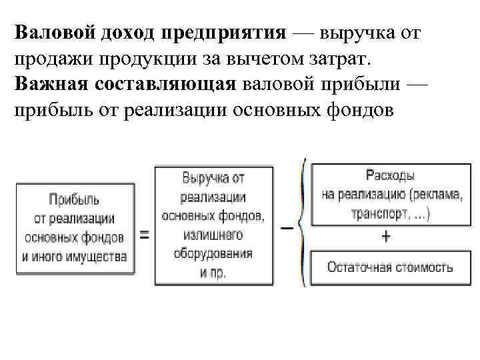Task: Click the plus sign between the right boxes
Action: click(x=387, y=237)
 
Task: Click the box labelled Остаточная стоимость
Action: click(x=390, y=267)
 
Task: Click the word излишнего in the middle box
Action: click(x=213, y=235)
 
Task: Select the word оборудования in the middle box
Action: click(x=213, y=254)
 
